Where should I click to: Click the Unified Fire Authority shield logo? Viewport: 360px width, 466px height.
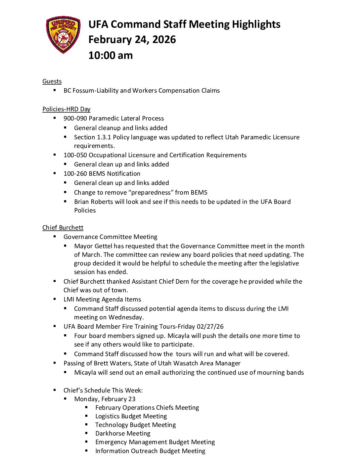tap(63, 35)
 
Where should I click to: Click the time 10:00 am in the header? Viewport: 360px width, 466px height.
tap(111, 55)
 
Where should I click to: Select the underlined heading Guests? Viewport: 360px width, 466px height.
tap(52, 81)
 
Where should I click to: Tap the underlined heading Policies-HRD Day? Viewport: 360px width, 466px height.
tap(66, 109)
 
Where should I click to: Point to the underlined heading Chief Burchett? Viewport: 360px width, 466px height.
tap(63, 228)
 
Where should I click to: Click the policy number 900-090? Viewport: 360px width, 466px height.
tap(75, 118)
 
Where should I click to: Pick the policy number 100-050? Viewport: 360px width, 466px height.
tap(75, 155)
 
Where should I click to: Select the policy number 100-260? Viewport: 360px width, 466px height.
tap(75, 174)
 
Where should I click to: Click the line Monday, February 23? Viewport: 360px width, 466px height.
tap(105, 399)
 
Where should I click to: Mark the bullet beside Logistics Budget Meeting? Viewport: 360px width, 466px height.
tap(87, 416)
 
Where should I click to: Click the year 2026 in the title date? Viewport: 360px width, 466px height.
tap(164, 40)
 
